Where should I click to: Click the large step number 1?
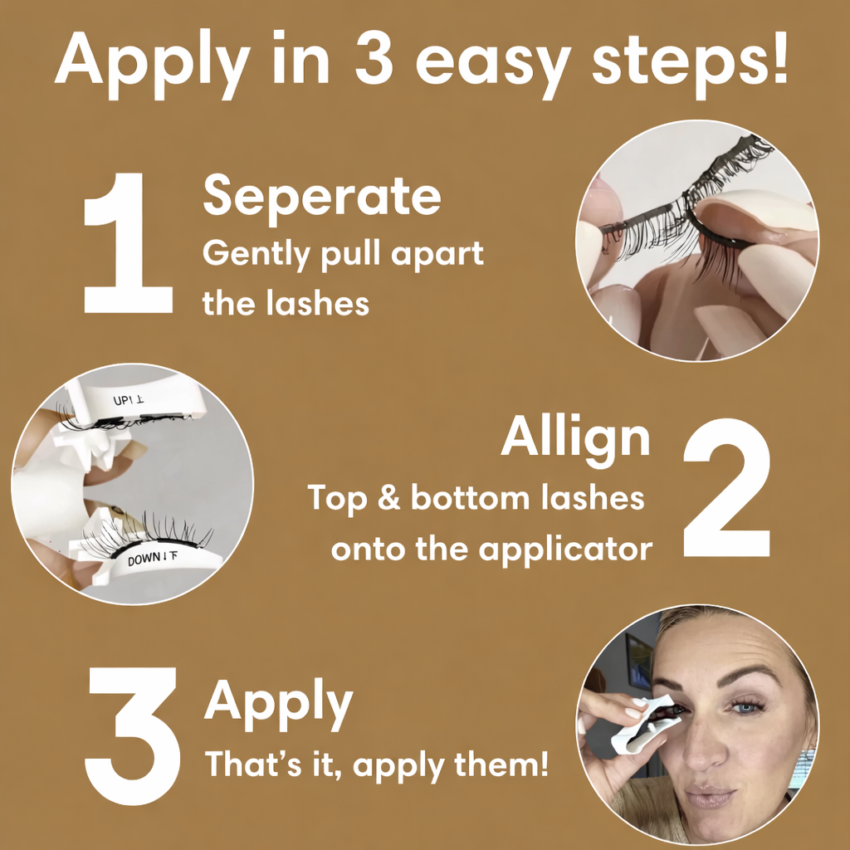129,243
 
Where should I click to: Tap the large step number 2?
726,487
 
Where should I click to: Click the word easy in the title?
493,65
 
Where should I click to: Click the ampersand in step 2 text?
388,498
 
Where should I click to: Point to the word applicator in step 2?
565,551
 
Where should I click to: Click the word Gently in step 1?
256,255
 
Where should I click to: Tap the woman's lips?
711,796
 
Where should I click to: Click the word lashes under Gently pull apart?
318,303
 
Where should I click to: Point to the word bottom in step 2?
470,498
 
